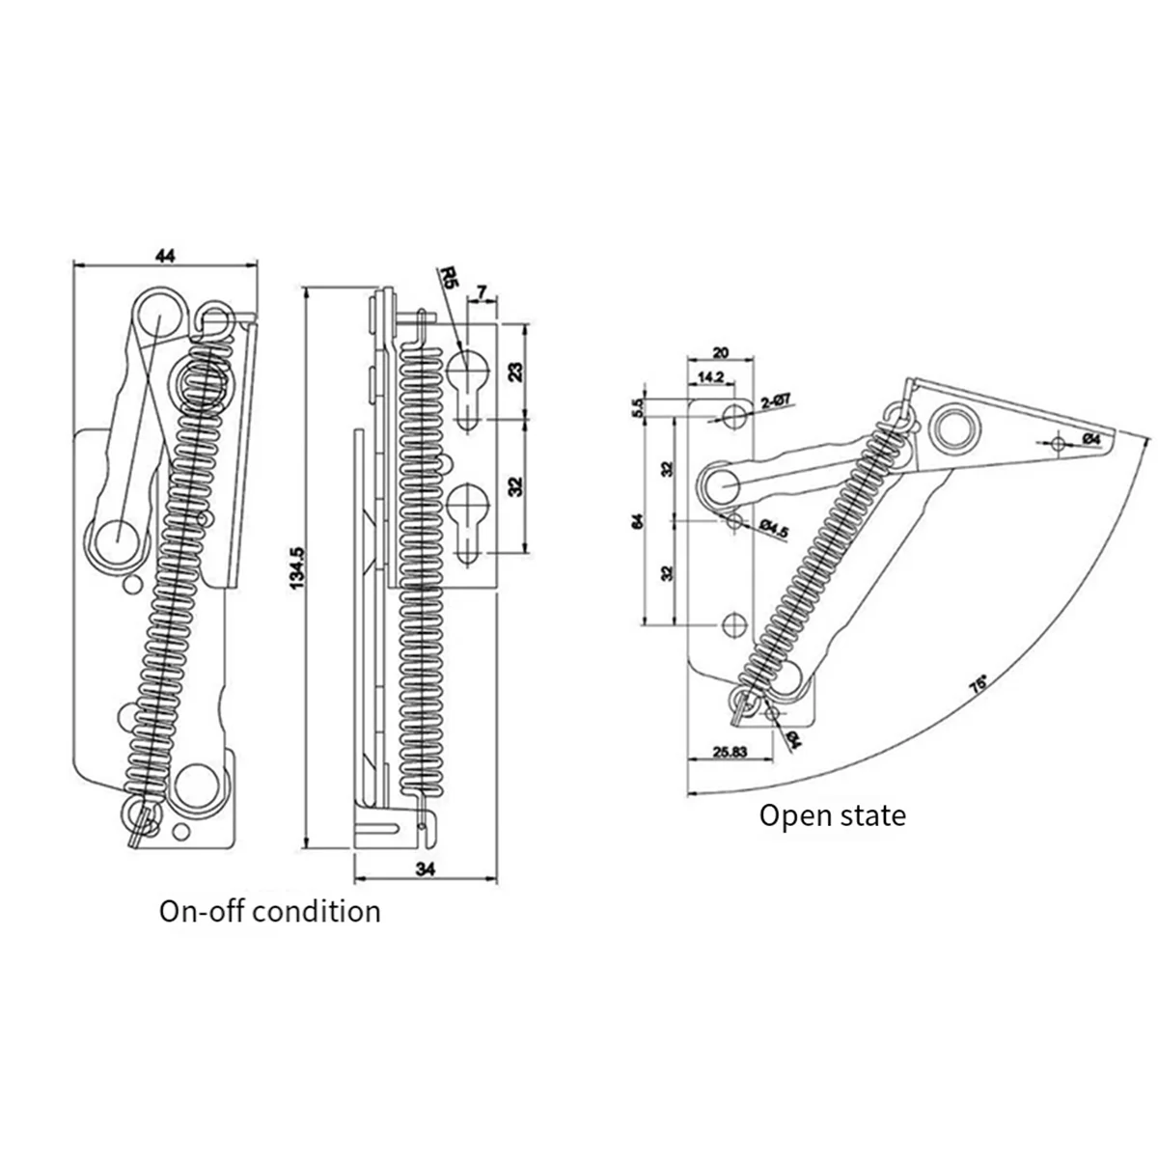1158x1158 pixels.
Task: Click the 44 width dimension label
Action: coord(165,256)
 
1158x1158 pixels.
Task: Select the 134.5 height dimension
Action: coord(298,566)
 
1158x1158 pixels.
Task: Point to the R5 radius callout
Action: coord(447,281)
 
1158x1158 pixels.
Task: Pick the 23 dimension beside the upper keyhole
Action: coord(514,372)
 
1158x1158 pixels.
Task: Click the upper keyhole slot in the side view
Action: coord(467,378)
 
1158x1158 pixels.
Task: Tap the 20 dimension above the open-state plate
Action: coord(720,353)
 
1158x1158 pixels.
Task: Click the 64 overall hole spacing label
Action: coord(638,521)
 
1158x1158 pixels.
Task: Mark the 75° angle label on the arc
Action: coord(979,684)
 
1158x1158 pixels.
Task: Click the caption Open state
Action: coord(832,815)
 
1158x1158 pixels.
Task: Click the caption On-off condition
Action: coord(270,911)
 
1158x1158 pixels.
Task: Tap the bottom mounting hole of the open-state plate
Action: coord(733,625)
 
